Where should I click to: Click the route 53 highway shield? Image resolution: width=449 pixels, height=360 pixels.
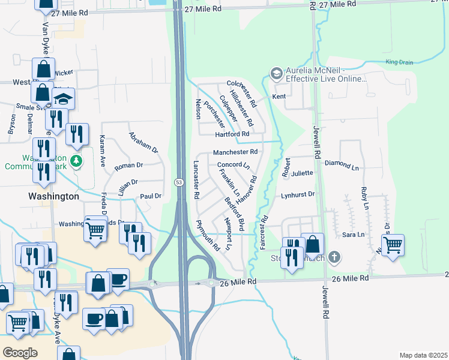(x=179, y=182)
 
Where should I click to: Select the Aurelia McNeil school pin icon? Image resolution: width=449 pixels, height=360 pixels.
(x=276, y=73)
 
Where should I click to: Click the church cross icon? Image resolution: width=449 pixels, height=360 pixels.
(x=334, y=258)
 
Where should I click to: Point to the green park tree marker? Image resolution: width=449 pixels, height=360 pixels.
(x=76, y=161)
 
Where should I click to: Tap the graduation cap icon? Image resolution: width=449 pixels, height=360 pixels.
(x=63, y=98)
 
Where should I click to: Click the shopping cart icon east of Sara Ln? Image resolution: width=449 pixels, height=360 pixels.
(x=393, y=244)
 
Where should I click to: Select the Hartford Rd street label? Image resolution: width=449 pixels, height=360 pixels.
(x=233, y=134)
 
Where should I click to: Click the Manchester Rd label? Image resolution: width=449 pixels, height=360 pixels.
(x=235, y=152)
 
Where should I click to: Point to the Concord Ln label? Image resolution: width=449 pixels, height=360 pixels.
(x=233, y=164)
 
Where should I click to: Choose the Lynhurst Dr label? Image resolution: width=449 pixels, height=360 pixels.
(x=298, y=195)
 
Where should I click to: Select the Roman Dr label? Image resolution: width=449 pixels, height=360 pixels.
(x=128, y=165)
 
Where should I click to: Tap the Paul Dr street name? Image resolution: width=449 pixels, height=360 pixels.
(x=151, y=196)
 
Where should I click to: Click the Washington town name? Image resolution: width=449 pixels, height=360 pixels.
(x=53, y=196)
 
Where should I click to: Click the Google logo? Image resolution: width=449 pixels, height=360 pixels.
(x=20, y=353)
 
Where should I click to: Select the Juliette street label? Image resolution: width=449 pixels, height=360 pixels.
(x=303, y=173)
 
